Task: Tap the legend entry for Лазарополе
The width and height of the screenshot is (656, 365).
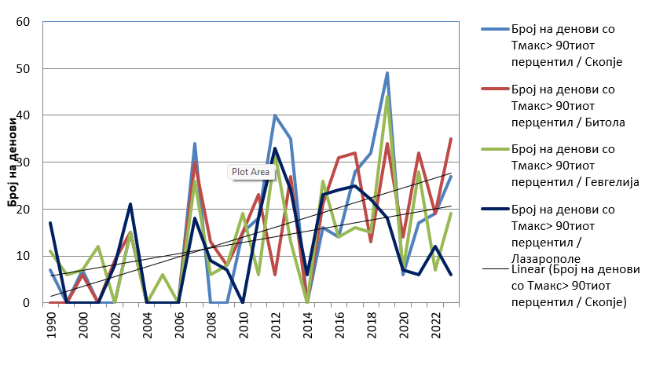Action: (x=562, y=224)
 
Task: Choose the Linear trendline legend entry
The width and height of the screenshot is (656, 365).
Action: (x=562, y=286)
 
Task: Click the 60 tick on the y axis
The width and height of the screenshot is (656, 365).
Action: (x=23, y=22)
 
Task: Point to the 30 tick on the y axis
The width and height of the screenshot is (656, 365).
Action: (x=23, y=162)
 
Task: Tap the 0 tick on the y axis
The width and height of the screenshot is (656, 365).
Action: (x=26, y=303)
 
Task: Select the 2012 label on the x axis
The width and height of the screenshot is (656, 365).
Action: (x=275, y=326)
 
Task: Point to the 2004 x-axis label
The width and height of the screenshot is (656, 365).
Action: (x=147, y=326)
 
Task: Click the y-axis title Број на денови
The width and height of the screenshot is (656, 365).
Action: (x=13, y=162)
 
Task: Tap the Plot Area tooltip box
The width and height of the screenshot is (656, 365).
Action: (x=250, y=172)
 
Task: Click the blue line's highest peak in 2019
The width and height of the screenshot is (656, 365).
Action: (x=387, y=73)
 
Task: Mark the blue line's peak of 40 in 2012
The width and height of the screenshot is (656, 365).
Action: (x=275, y=115)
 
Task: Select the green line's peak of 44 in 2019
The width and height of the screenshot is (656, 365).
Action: (x=387, y=97)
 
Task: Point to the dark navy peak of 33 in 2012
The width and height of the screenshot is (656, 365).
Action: (x=275, y=148)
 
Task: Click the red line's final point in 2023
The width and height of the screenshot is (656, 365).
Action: (x=451, y=139)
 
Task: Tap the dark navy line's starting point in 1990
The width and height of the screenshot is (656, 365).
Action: (x=50, y=223)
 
